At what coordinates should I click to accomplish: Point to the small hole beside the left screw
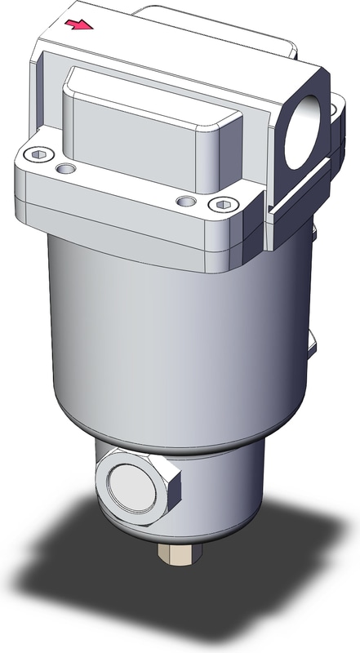coord(65,168)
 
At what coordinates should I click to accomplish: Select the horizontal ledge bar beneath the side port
coord(298,196)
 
